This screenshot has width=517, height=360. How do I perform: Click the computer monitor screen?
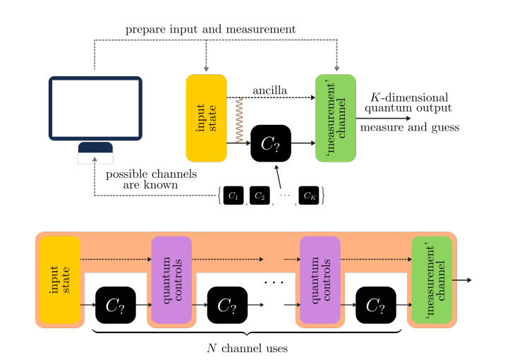[95, 107]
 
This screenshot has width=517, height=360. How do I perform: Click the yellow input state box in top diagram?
[206, 118]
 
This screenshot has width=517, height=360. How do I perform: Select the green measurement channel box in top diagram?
[336, 118]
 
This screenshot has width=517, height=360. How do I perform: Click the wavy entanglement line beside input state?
[239, 121]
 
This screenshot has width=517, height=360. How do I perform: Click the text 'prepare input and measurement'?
[210, 30]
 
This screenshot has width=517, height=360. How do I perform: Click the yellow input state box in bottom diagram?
[60, 280]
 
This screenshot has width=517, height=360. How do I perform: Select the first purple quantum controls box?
[171, 280]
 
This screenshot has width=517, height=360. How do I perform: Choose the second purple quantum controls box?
[320, 280]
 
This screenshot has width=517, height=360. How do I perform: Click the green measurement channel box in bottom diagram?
[432, 280]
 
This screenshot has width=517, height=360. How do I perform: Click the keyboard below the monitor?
[95, 152]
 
